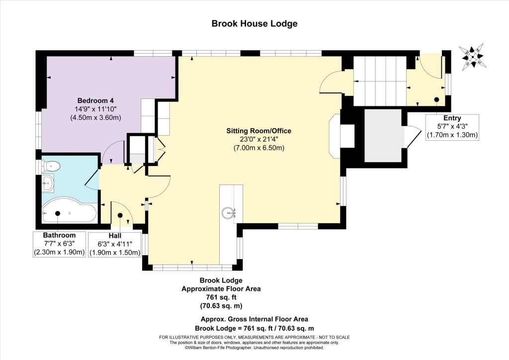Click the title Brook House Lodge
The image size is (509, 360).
(x=254, y=24)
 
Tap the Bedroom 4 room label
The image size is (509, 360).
(x=95, y=100)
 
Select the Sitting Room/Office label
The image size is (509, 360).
(x=258, y=131)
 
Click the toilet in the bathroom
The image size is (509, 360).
(x=50, y=167)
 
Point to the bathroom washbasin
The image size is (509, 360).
(x=48, y=183)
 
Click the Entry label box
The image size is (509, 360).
(x=452, y=127)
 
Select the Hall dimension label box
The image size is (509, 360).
(x=115, y=244)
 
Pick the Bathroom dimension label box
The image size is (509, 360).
(x=60, y=244)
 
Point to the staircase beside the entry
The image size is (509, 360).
(x=379, y=81)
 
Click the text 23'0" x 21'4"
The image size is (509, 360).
(x=258, y=140)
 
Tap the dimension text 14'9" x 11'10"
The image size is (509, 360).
(x=95, y=109)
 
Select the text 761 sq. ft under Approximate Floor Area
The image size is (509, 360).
(x=221, y=297)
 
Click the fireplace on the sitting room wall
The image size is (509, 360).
(x=337, y=136)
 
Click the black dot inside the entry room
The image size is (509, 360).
(x=436, y=99)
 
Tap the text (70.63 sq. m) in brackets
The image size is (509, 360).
(x=221, y=306)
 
